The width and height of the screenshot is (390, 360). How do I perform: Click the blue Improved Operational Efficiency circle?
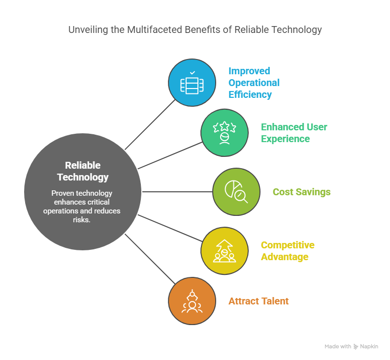(192, 83)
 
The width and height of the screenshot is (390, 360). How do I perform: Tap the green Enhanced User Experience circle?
(225, 133)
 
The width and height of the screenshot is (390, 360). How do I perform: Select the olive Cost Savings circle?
(236, 192)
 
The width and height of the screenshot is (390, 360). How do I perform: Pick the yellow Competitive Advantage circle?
(225, 251)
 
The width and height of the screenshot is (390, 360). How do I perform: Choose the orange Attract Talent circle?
(192, 301)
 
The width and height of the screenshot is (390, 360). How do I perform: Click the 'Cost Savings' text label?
(301, 192)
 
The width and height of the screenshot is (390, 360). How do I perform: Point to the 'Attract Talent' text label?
(259, 301)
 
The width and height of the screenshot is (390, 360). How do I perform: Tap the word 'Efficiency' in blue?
(250, 94)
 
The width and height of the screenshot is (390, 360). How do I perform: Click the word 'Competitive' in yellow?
(288, 245)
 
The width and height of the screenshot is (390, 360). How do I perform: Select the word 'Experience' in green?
(285, 139)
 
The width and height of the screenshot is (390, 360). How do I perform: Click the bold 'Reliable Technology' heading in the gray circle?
(83, 171)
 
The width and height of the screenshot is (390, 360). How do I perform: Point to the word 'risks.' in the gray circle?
(82, 220)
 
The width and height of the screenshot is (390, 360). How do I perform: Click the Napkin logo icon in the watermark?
(356, 347)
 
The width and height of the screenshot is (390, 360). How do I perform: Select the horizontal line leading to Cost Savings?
(177, 192)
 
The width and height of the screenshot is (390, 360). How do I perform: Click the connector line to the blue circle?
(150, 125)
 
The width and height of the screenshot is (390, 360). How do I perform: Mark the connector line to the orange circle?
(150, 259)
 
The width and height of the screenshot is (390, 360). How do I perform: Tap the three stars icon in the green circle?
(225, 127)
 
